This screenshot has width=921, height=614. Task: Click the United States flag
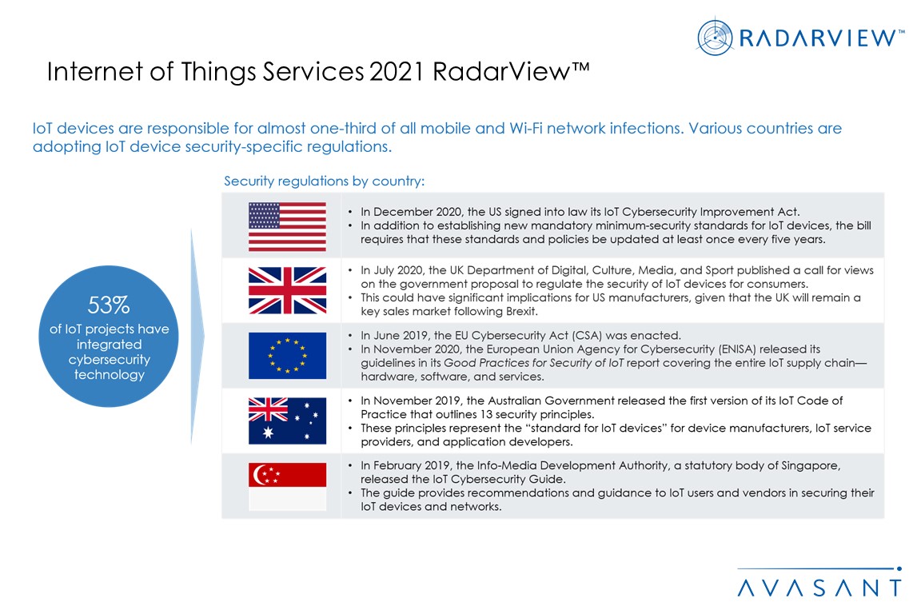click(287, 227)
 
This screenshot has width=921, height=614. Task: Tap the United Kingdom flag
click(287, 290)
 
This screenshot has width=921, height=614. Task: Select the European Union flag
click(287, 356)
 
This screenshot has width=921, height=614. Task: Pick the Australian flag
click(287, 421)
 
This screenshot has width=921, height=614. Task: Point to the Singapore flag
click(287, 487)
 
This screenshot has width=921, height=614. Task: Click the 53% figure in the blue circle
click(109, 305)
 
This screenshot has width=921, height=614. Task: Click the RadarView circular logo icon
click(715, 38)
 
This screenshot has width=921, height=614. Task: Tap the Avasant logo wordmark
click(819, 588)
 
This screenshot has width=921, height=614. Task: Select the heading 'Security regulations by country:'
click(325, 181)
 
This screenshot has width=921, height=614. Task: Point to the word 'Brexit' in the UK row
click(521, 312)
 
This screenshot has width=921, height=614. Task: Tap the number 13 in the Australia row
click(486, 414)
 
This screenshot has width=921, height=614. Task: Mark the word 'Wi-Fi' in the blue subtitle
click(526, 128)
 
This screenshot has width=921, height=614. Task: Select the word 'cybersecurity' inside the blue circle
click(110, 360)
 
